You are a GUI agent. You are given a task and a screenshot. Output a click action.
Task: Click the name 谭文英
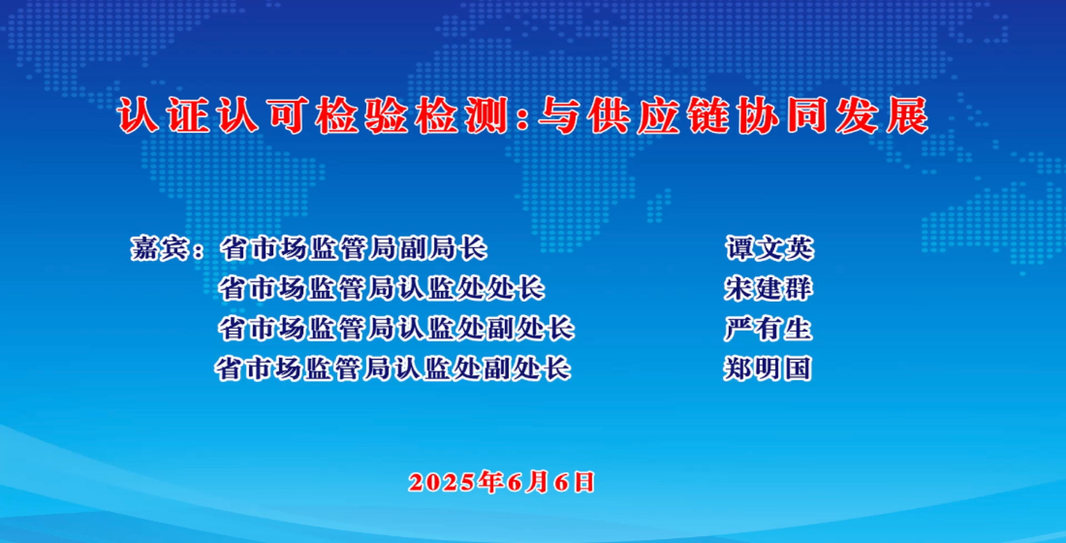(769, 249)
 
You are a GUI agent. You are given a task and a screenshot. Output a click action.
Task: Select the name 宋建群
(768, 289)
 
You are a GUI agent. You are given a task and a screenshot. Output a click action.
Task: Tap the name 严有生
(768, 329)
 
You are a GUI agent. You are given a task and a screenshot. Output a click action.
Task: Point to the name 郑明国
(767, 368)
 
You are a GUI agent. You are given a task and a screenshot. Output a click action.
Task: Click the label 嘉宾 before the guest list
(159, 248)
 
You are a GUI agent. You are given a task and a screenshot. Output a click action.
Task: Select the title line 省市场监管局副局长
(353, 249)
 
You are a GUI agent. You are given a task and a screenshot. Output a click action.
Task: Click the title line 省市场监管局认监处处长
(381, 289)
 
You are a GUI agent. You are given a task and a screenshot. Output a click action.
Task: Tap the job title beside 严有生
(396, 329)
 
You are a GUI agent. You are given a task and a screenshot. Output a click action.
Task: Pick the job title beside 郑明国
(393, 368)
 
